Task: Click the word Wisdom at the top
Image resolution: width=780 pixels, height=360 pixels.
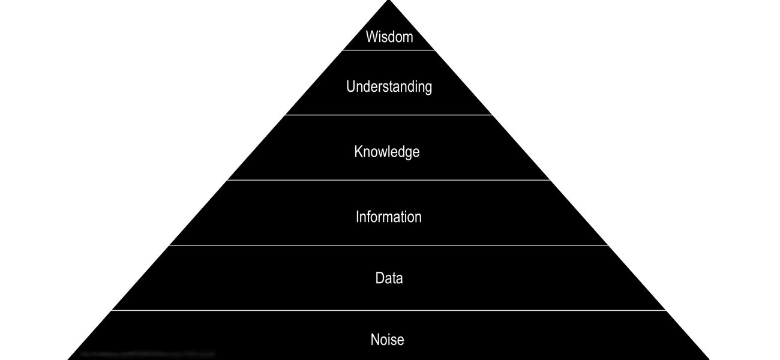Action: pyautogui.click(x=389, y=37)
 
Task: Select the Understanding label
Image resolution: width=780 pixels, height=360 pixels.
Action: pyautogui.click(x=389, y=87)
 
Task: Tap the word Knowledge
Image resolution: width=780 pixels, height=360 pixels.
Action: pyautogui.click(x=386, y=152)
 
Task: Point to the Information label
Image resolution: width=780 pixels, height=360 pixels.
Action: pyautogui.click(x=388, y=217)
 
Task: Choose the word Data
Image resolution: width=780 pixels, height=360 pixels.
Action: pyautogui.click(x=389, y=278)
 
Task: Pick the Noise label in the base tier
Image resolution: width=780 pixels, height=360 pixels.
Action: pyautogui.click(x=387, y=340)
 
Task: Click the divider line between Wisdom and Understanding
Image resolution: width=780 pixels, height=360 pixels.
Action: pyautogui.click(x=389, y=50)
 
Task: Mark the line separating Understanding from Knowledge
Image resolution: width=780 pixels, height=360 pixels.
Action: pyautogui.click(x=389, y=115)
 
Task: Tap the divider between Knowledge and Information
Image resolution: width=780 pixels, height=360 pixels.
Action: pyautogui.click(x=389, y=180)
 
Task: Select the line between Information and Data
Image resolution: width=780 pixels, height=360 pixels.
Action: pyautogui.click(x=389, y=245)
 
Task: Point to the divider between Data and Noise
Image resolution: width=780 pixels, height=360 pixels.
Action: pyautogui.click(x=389, y=310)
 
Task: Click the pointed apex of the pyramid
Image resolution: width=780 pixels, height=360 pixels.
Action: pyautogui.click(x=389, y=2)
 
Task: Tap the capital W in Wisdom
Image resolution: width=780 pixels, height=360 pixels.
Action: pyautogui.click(x=372, y=37)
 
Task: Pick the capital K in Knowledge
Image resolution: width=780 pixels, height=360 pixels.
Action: pyautogui.click(x=358, y=151)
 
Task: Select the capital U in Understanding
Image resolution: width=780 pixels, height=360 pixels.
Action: pyautogui.click(x=350, y=86)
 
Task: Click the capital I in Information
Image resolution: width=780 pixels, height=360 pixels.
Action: pyautogui.click(x=358, y=217)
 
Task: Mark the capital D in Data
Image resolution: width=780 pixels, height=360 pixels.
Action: pyautogui.click(x=379, y=278)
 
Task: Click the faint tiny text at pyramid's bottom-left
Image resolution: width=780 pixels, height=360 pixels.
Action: pyautogui.click(x=147, y=355)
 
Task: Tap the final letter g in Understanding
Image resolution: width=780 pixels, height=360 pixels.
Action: pyautogui.click(x=428, y=88)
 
